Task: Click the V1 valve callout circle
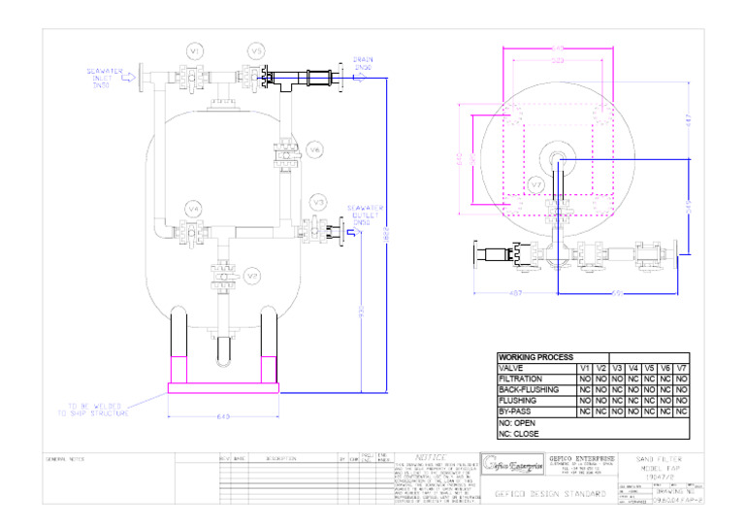[x=195, y=49]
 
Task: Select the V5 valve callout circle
[x=256, y=49]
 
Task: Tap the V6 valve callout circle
[x=313, y=149]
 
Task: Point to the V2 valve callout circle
[x=251, y=276]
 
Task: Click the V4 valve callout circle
[x=194, y=209]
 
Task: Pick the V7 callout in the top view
[x=536, y=183]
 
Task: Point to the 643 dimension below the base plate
[x=223, y=417]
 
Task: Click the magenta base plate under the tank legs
[x=224, y=387]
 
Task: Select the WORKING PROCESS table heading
[x=534, y=358]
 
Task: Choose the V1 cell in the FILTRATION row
[x=584, y=379]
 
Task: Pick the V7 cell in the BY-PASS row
[x=681, y=411]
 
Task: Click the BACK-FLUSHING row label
[x=528, y=389]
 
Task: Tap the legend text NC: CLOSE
[x=518, y=434]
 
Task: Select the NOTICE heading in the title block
[x=432, y=457]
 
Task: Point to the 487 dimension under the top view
[x=516, y=293]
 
